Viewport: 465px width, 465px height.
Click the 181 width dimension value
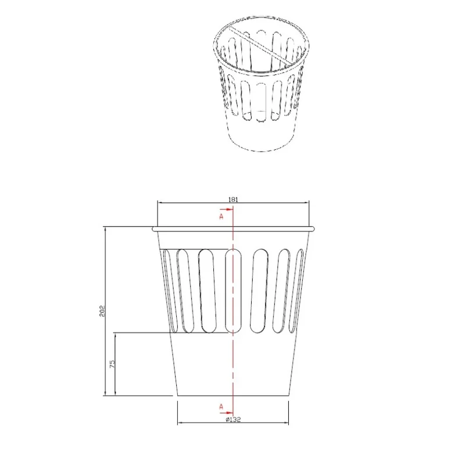tap(233, 199)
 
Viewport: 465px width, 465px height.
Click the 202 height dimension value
tap(102, 310)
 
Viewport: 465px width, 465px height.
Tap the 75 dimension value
tap(112, 364)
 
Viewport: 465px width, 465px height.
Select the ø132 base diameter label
tap(233, 419)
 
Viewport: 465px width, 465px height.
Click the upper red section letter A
tap(221, 216)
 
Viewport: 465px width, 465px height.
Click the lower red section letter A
tap(221, 406)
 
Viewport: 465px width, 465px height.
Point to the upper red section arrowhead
tap(229, 209)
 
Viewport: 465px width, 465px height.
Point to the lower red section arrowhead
tap(229, 413)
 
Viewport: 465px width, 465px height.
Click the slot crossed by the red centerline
tap(234, 291)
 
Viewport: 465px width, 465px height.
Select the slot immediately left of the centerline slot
tap(207, 291)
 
